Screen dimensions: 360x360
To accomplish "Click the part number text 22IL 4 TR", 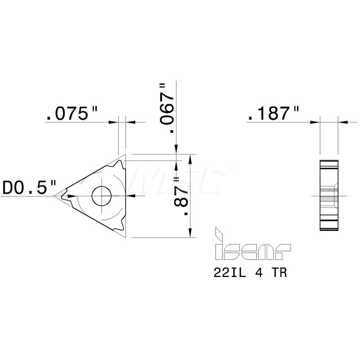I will pyautogui.click(x=250, y=273).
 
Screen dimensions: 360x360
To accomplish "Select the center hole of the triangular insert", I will pyautogui.click(x=102, y=196).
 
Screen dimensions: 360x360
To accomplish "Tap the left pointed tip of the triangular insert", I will pyautogui.click(x=55, y=196).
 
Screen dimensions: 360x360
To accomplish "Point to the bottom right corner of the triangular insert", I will pyautogui.click(x=125, y=237).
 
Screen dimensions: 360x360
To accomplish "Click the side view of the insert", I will pyautogui.click(x=328, y=196).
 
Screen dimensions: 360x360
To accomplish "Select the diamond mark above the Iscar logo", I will pyautogui.click(x=218, y=234).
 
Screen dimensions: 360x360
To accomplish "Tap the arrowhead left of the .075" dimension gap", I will pyautogui.click(x=115, y=122).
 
